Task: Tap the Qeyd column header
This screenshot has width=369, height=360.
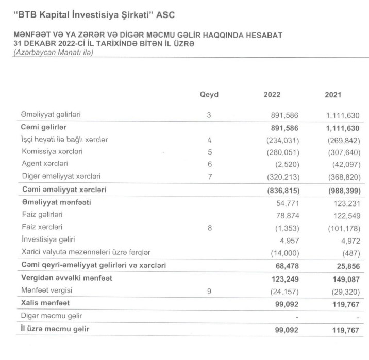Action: [209, 95]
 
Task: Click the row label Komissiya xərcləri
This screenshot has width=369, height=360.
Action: [52, 152]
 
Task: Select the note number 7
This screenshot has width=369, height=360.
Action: [209, 177]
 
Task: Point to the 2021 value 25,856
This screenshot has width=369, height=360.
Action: [345, 265]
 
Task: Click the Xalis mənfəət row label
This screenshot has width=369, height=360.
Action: [45, 303]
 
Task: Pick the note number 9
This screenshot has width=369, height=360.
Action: [209, 290]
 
